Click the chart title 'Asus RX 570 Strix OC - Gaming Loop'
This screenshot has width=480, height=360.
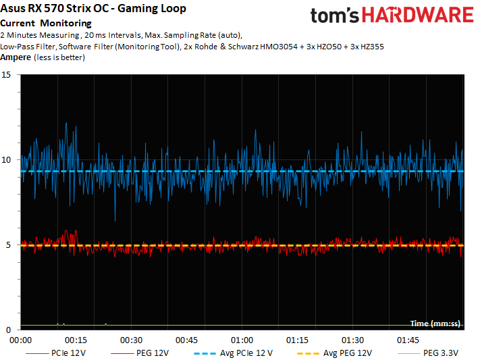coord(95,9)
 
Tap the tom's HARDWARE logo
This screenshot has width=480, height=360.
coord(392,16)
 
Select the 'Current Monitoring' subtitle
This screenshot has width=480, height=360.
coord(46,24)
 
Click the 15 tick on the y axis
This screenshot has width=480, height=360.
coord(7,75)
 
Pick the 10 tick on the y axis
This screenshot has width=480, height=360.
coord(7,160)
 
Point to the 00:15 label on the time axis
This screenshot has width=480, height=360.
coord(75,340)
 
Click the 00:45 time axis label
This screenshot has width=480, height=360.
coord(186,340)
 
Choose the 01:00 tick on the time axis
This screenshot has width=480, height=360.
coord(242,340)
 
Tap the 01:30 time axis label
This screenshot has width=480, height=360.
coord(352,340)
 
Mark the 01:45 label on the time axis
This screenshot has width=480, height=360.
coord(408,340)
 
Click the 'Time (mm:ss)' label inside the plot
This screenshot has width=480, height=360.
coord(436,324)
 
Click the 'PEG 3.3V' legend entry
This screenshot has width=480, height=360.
coord(440,353)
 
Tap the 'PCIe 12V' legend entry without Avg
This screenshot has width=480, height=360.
coord(68,353)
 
